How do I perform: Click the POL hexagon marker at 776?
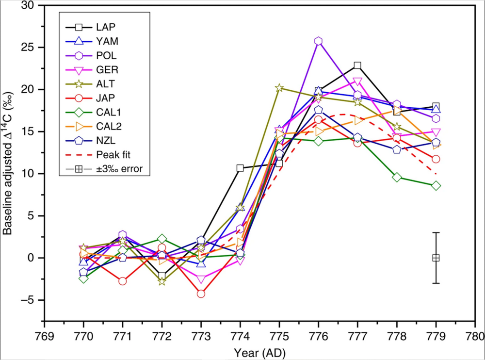tap(318, 41)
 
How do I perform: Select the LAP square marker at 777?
tap(357, 65)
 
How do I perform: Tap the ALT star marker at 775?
tap(279, 88)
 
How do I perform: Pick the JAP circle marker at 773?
tap(201, 294)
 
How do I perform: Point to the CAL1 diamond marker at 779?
tap(436, 185)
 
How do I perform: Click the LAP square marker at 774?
tap(240, 168)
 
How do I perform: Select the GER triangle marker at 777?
tap(357, 82)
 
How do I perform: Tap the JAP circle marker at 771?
tap(122, 281)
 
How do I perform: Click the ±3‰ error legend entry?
tap(111, 168)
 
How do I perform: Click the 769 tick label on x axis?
tap(45, 335)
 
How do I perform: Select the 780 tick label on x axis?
tap(475, 335)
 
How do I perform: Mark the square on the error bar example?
tap(436, 258)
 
